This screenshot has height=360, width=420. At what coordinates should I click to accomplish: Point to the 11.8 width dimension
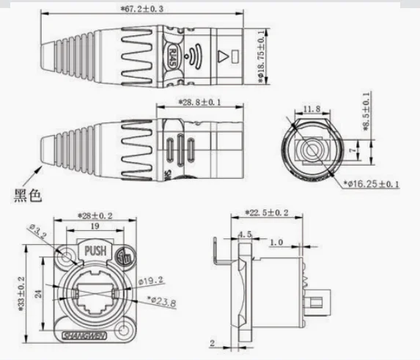pyautogui.click(x=312, y=109)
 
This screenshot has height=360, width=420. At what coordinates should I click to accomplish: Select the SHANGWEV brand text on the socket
pyautogui.click(x=94, y=336)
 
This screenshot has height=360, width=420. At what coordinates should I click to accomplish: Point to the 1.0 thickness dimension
pyautogui.click(x=276, y=241)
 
